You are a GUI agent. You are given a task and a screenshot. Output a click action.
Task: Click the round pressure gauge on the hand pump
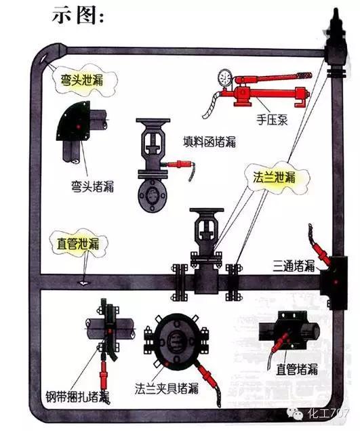click(x=225, y=74)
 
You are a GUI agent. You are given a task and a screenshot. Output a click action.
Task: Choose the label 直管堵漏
click(x=297, y=369)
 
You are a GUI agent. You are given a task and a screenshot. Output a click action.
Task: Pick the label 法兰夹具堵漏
click(x=166, y=388)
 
